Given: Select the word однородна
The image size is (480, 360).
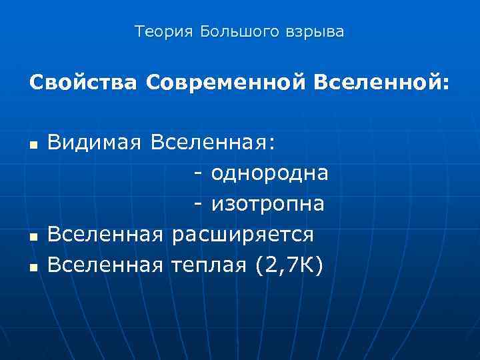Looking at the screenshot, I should tap(270, 174).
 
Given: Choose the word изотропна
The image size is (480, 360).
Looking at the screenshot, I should tap(268, 205).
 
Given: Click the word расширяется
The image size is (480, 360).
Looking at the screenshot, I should tap(242, 235).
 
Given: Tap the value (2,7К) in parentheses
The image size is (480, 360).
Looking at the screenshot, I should tap(287, 265).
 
